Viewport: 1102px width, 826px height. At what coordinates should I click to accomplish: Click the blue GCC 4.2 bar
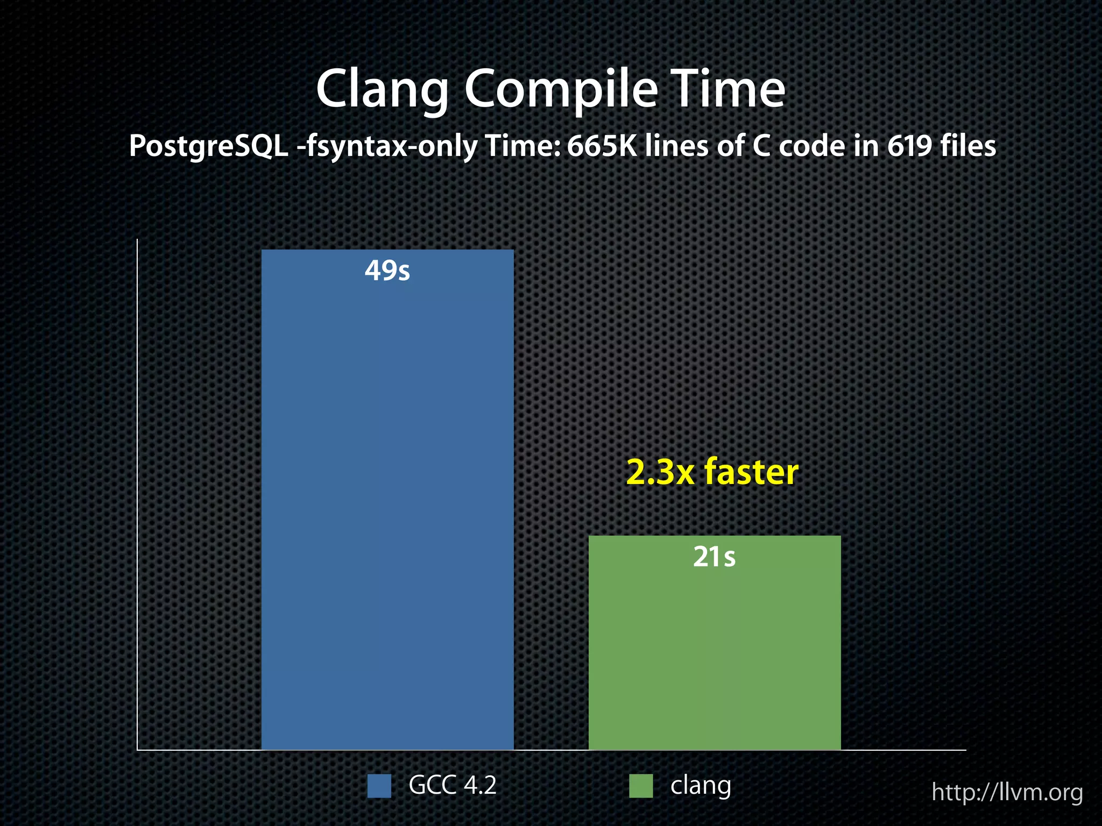click(387, 500)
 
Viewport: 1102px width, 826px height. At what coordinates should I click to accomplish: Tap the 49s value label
click(387, 270)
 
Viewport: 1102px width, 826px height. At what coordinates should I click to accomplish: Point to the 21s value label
click(714, 557)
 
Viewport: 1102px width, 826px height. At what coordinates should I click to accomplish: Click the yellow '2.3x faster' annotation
click(712, 472)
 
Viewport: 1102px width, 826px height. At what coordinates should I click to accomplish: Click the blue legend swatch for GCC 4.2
click(379, 786)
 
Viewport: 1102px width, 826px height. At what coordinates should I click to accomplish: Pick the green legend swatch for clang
click(641, 786)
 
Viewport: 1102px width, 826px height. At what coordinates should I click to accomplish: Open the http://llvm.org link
click(1007, 793)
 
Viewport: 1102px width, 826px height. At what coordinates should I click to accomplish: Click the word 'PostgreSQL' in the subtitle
click(209, 147)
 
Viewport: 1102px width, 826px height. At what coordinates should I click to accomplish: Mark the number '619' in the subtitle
click(909, 146)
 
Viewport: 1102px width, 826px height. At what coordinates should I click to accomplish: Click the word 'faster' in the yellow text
click(751, 472)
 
